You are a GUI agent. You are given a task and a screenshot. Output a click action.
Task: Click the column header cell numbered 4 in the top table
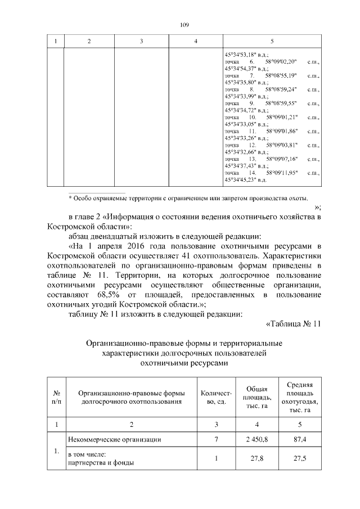pyautogui.click(x=196, y=42)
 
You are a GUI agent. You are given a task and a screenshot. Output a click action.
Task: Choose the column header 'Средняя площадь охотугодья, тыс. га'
pyautogui.click(x=300, y=397)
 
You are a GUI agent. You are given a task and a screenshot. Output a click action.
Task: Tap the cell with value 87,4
pyautogui.click(x=300, y=439)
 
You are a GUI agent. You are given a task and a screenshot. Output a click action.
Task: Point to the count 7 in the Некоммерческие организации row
pyautogui.click(x=216, y=439)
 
